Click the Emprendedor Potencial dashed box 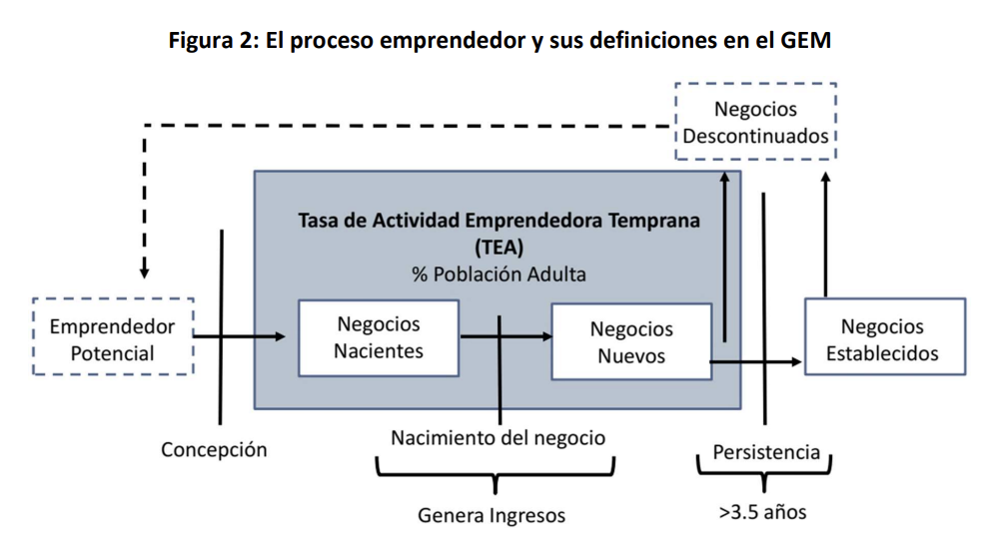113,338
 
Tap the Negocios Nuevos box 630,341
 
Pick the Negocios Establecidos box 884,338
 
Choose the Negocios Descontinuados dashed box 755,122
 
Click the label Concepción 214,449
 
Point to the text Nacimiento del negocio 498,437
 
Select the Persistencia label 765,451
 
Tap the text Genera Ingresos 492,515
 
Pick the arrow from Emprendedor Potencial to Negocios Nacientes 240,336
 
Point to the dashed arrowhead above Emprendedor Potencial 145,269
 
